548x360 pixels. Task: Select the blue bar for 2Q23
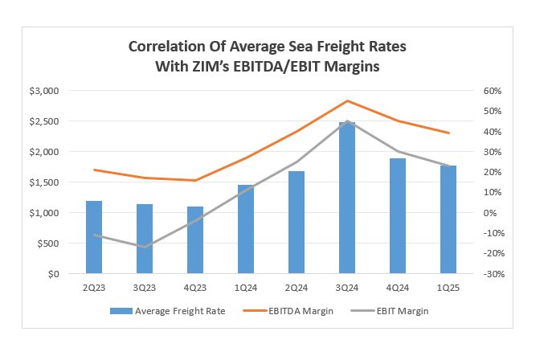click(x=95, y=237)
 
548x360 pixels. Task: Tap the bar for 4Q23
click(x=195, y=240)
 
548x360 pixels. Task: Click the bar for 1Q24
click(x=246, y=229)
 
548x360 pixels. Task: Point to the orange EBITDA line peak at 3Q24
click(x=347, y=101)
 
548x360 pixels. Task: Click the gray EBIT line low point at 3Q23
click(x=145, y=247)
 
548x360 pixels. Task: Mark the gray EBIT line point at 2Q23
click(x=95, y=235)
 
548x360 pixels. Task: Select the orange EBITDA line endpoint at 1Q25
click(x=448, y=133)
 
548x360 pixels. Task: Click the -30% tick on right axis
click(x=492, y=274)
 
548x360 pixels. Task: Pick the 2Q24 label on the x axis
click(x=296, y=287)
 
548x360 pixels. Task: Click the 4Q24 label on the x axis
click(x=397, y=287)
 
